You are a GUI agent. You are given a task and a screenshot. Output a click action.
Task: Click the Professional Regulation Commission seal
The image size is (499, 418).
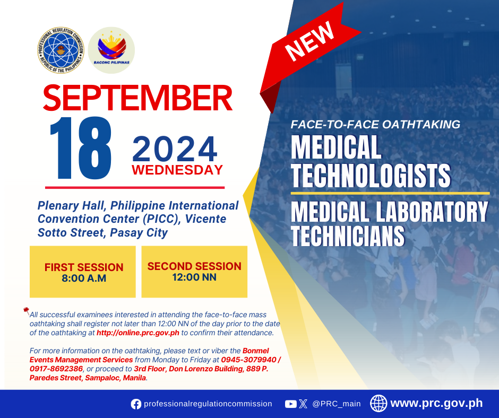point(61,50)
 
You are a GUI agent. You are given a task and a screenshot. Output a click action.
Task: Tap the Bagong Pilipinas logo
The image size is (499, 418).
point(111,50)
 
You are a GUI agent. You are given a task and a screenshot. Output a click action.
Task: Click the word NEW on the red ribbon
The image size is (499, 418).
point(309,41)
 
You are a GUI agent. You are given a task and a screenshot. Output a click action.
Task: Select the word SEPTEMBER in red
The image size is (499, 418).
point(137,98)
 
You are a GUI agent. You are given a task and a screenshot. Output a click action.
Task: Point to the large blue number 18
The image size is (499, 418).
point(81,148)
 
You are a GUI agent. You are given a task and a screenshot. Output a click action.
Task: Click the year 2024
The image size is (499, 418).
point(175,149)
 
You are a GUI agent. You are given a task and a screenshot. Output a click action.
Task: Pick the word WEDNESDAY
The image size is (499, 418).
point(177,170)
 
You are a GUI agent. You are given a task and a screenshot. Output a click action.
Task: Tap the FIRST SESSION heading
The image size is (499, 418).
point(84,267)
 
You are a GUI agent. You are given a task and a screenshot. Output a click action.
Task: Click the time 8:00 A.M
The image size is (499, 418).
point(84,278)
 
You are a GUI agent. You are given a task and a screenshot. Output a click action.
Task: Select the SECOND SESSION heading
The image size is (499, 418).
point(194,266)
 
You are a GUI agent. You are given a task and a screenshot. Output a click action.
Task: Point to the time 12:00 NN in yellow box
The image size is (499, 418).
point(194,277)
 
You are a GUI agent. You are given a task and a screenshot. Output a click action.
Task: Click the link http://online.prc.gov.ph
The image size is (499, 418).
point(138,333)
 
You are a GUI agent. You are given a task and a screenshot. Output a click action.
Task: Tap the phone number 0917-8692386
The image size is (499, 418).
point(56,369)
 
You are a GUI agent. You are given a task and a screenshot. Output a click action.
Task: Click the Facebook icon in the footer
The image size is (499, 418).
point(136,404)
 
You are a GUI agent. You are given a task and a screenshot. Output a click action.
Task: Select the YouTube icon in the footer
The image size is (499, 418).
point(291,404)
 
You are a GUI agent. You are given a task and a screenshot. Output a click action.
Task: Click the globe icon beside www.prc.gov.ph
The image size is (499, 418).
point(378,403)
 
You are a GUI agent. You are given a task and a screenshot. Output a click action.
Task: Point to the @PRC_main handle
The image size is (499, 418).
point(337,404)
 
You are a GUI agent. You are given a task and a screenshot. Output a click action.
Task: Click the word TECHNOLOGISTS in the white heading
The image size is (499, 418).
point(371,176)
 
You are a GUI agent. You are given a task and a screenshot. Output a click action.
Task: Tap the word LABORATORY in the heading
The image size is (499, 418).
point(432,211)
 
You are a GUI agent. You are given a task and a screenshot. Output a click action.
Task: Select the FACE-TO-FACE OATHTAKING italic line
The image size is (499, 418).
point(375,124)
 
